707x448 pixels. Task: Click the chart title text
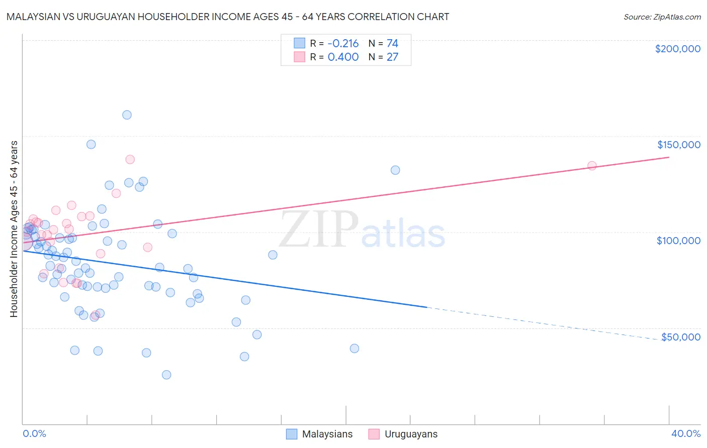(228, 17)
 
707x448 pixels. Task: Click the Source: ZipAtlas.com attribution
(662, 17)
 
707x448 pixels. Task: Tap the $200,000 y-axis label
(677, 49)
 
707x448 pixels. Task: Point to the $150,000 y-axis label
(678, 145)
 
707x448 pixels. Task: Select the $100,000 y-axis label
(678, 241)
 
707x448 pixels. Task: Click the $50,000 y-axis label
(680, 337)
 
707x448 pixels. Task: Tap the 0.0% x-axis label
(35, 433)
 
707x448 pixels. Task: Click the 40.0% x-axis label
(685, 433)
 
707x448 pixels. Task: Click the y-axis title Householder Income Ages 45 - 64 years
(14, 229)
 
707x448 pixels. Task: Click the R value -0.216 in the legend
(343, 44)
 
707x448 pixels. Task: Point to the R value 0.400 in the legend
(343, 57)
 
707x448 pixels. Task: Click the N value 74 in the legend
(392, 44)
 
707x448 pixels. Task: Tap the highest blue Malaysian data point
(127, 115)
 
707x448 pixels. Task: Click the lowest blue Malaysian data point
(166, 375)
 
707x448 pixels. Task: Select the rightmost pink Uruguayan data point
(592, 166)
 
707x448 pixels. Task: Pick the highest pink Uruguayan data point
(130, 159)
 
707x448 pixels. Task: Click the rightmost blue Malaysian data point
(395, 170)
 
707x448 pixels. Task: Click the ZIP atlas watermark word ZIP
(318, 229)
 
